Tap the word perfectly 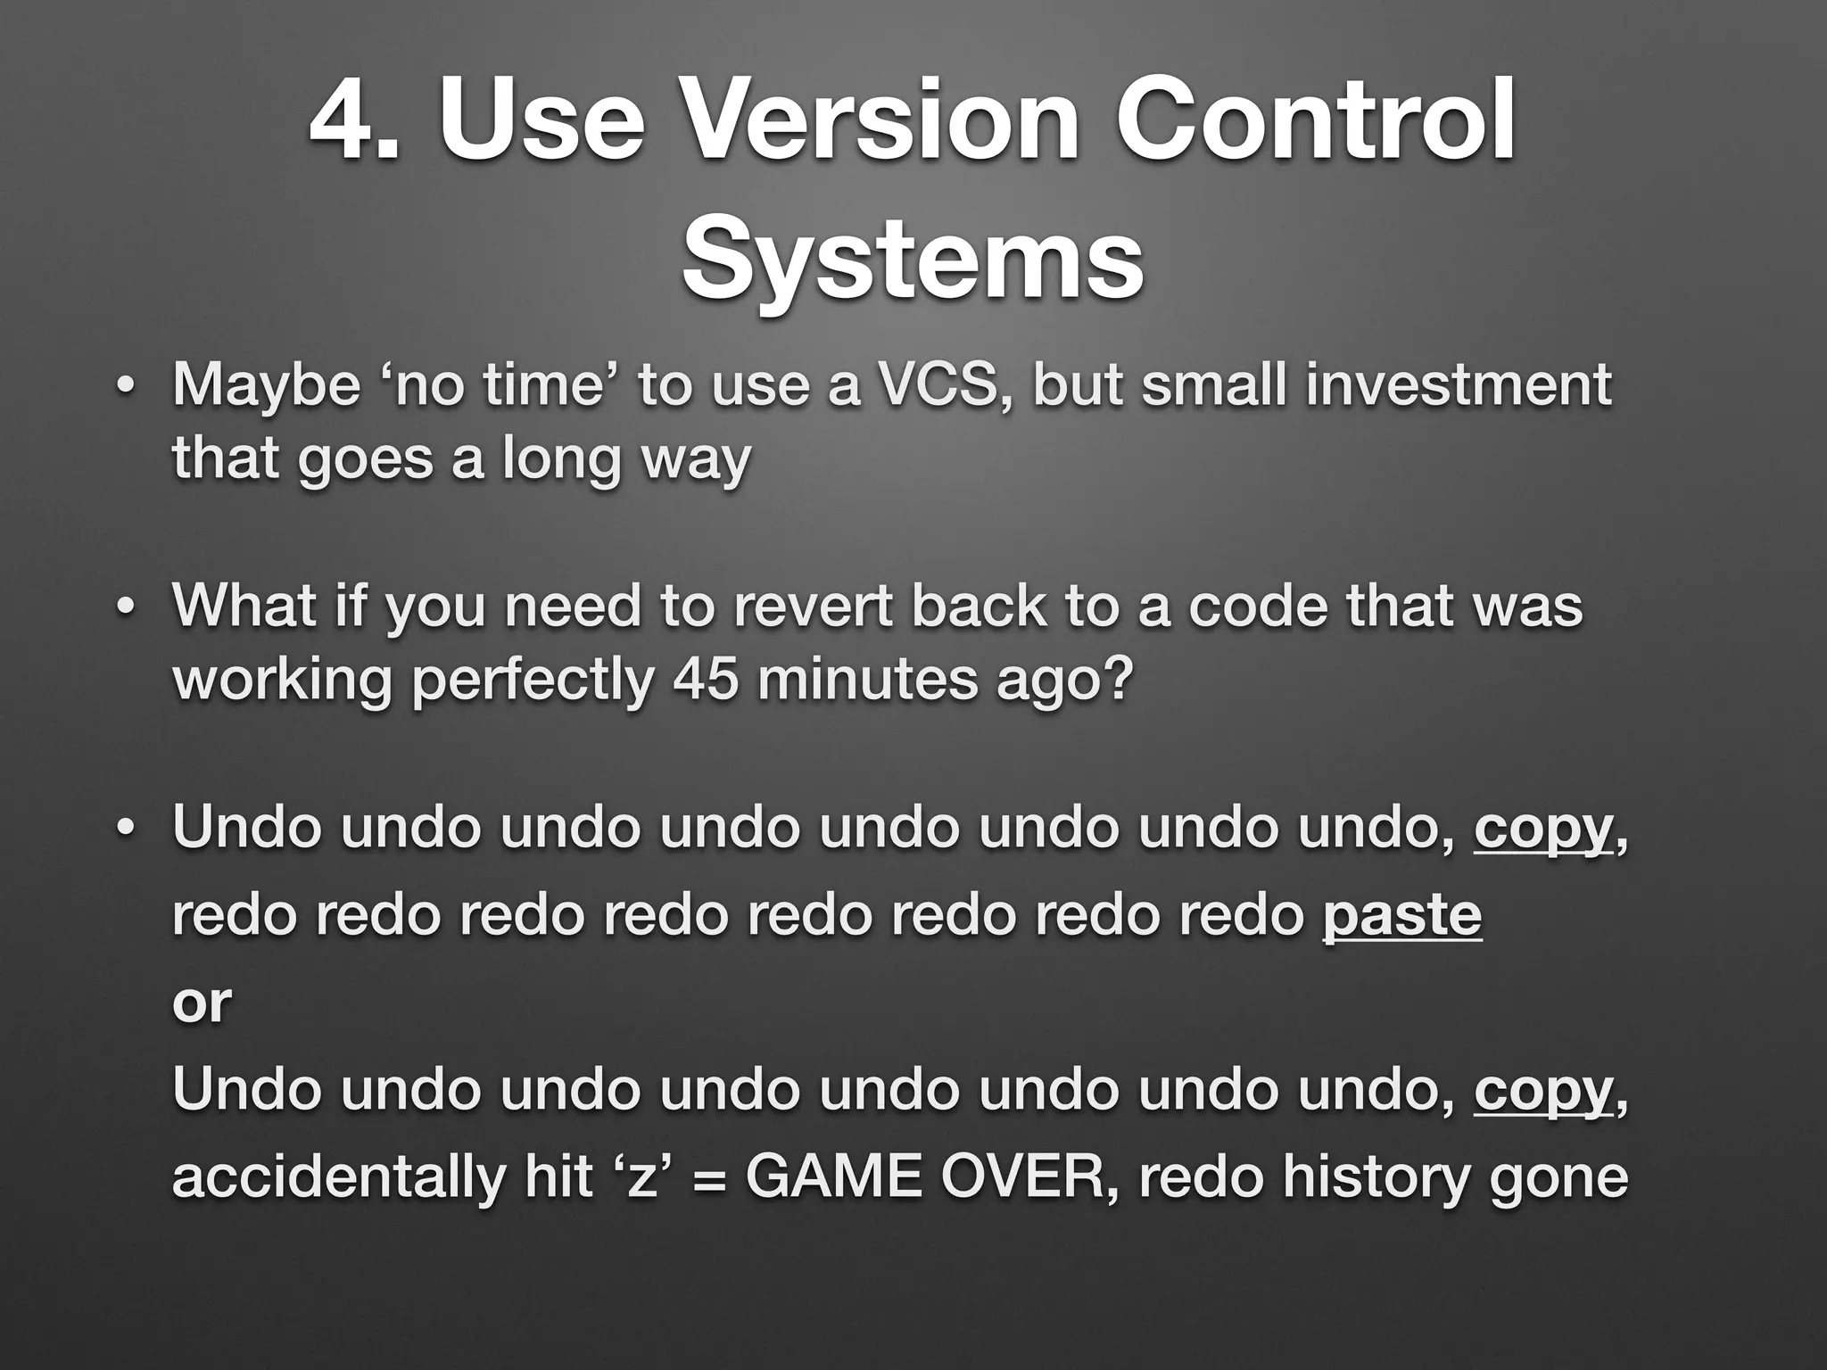pos(532,681)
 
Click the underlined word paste pos(1401,916)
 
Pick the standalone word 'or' pos(202,1003)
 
